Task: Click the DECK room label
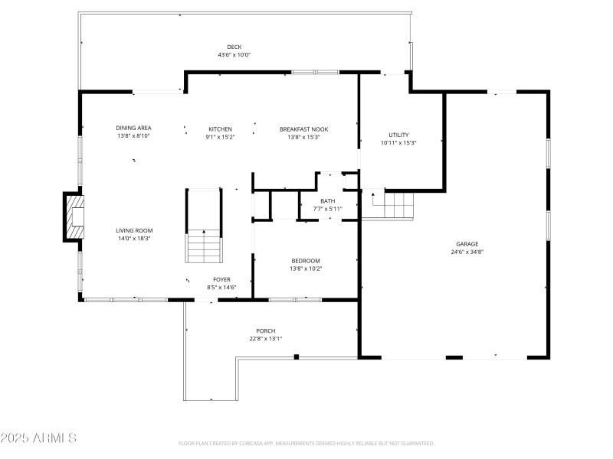coord(234,47)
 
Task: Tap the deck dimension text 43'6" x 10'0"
coord(234,55)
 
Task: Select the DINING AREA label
coord(133,129)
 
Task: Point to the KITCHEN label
coord(220,129)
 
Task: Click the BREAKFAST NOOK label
coord(303,129)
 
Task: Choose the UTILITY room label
coord(398,135)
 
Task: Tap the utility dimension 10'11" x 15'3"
coord(398,143)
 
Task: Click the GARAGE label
coord(467,243)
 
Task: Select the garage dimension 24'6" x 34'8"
coord(467,252)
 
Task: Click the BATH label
coord(327,200)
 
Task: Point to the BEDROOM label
coord(305,260)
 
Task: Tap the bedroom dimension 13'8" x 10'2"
coord(305,269)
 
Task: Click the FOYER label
coord(221,279)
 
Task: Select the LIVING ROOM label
coord(134,230)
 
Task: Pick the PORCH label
coord(266,330)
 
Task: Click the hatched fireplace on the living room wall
coord(74,216)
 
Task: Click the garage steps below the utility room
coord(398,204)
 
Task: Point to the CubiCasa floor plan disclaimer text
coord(306,443)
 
